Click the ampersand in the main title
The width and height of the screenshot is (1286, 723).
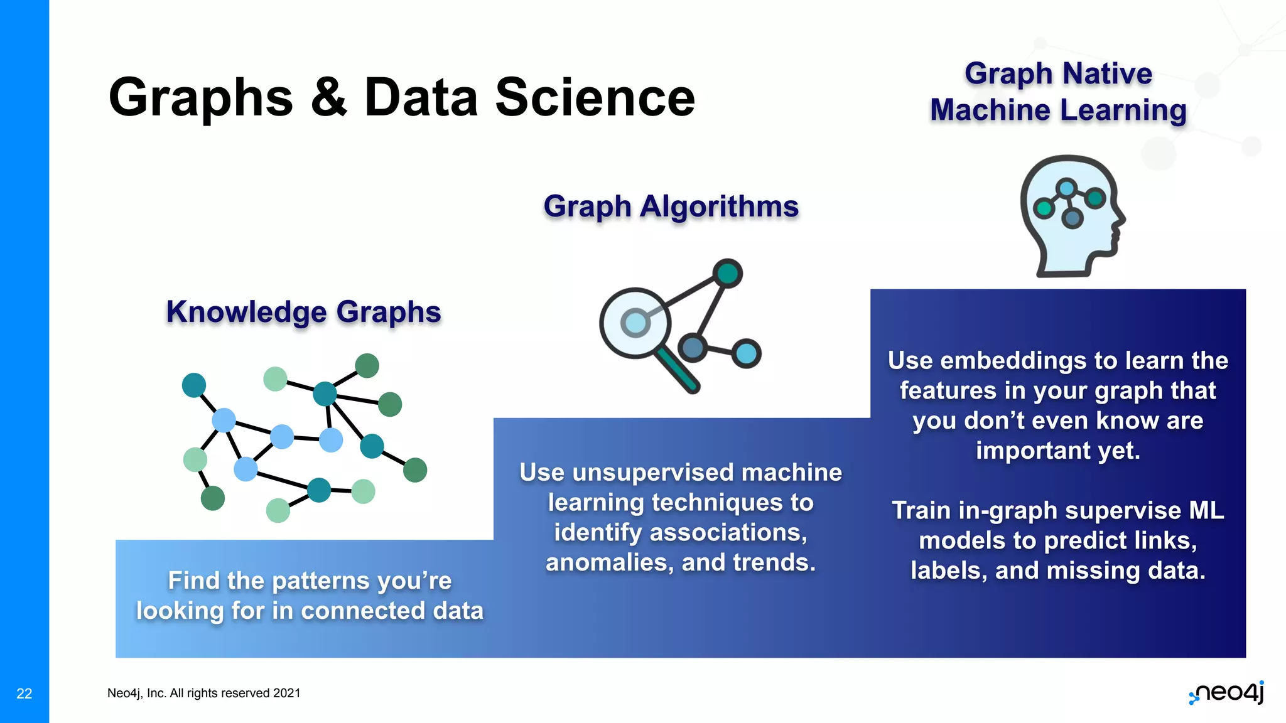[328, 98]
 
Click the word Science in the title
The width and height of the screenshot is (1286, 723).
[595, 98]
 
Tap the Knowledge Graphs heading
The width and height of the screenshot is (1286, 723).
[303, 312]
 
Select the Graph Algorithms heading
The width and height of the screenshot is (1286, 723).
[671, 206]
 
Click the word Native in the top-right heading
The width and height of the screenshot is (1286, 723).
[1107, 73]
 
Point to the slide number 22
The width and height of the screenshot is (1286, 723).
[24, 694]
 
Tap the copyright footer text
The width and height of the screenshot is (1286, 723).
[203, 693]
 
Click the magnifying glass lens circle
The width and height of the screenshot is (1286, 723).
[635, 323]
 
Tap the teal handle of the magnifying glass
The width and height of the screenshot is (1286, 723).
[677, 371]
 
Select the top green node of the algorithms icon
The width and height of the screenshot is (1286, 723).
[727, 274]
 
